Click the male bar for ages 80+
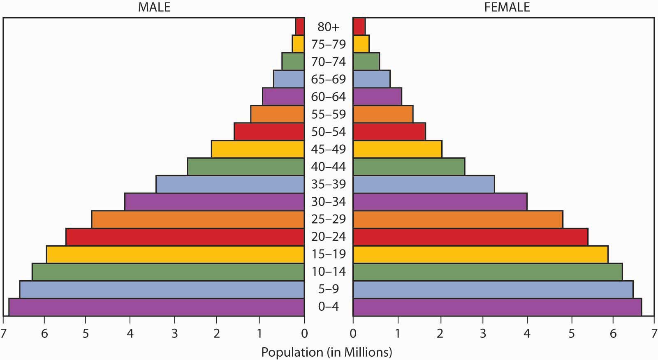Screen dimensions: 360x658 (300, 26)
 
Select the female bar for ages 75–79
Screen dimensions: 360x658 (361, 44)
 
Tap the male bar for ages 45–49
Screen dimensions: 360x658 (258, 149)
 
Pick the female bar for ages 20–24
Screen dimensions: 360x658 (470, 237)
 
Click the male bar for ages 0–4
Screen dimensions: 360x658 (157, 307)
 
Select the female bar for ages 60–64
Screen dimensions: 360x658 (377, 96)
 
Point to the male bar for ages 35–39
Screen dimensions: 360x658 (230, 184)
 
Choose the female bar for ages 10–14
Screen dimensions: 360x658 (487, 272)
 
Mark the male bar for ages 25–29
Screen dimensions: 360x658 (198, 219)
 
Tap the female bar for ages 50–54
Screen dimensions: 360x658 (389, 132)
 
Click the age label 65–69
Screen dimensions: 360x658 (329, 79)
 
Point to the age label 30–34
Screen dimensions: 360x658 (329, 201)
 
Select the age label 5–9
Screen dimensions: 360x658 (329, 289)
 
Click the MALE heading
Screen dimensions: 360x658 (154, 7)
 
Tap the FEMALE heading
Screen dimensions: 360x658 (507, 7)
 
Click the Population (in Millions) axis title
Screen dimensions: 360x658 (327, 352)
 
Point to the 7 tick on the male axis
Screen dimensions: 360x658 (3, 333)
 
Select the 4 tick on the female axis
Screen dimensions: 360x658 (527, 333)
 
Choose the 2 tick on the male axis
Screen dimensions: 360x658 (216, 333)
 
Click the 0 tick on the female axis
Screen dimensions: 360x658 (353, 333)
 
